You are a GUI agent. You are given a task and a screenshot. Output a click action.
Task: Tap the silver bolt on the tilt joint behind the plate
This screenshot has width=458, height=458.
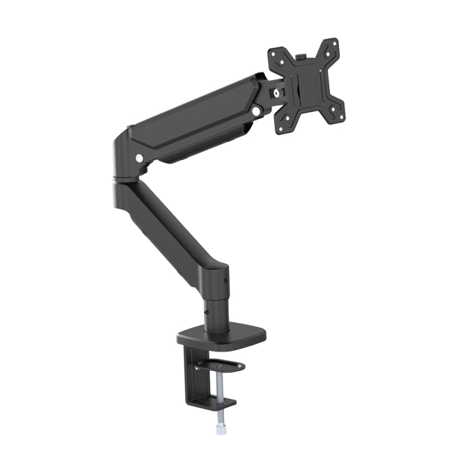click(x=278, y=93)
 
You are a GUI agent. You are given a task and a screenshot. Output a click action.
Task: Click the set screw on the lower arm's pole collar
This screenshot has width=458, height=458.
click(x=227, y=281)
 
